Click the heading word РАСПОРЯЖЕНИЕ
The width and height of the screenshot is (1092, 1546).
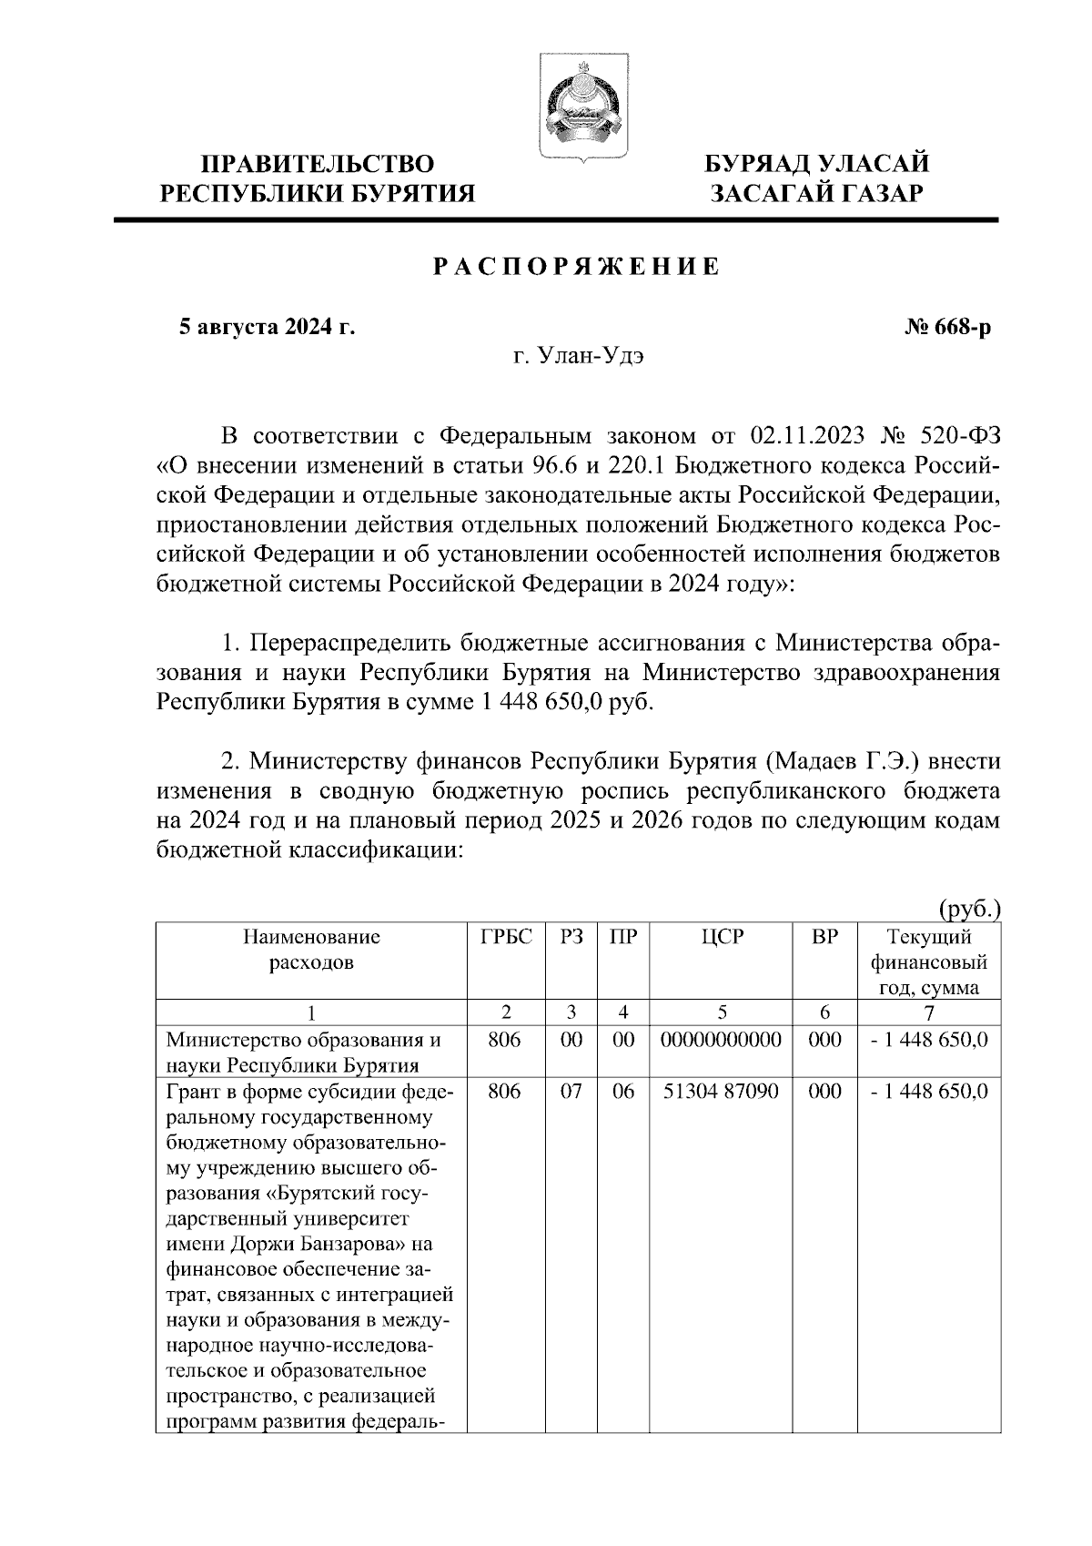pyautogui.click(x=575, y=267)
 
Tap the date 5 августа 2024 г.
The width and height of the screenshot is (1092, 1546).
pyautogui.click(x=266, y=328)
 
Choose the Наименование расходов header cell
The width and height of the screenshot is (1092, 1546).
pyautogui.click(x=310, y=950)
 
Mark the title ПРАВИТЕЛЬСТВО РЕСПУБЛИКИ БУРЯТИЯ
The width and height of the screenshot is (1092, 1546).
pyautogui.click(x=318, y=178)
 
